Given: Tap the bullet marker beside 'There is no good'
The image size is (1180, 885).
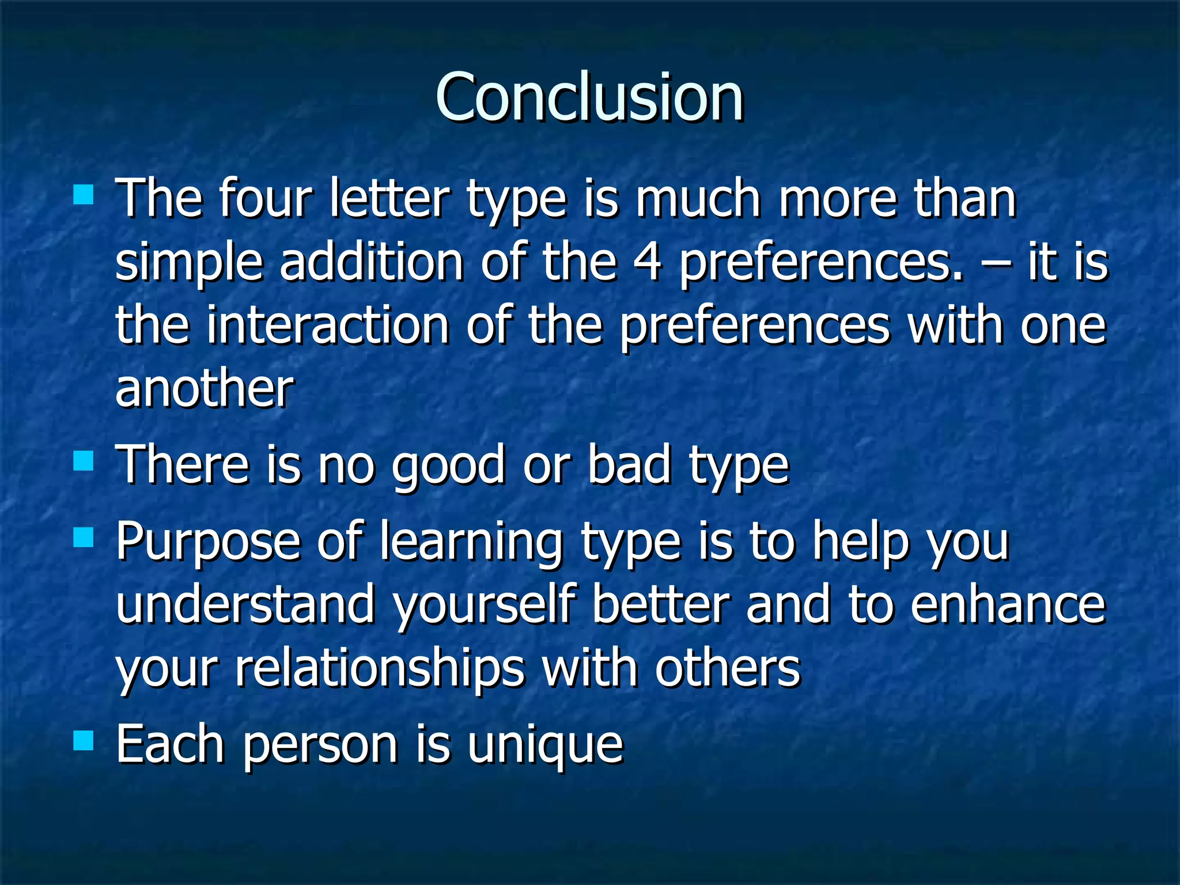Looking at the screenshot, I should pyautogui.click(x=84, y=461).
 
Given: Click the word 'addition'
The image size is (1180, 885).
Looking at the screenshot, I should pyautogui.click(x=371, y=262).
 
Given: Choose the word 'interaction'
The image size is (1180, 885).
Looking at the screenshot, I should pyautogui.click(x=327, y=326).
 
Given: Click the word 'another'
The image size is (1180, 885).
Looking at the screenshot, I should pyautogui.click(x=205, y=389).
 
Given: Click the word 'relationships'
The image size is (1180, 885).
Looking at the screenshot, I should pyautogui.click(x=380, y=670).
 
